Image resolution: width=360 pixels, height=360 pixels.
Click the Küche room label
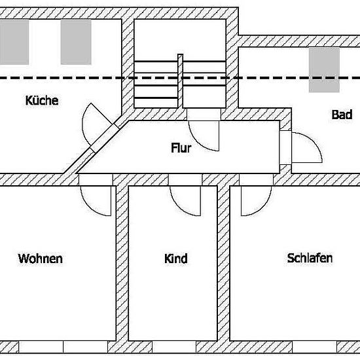pos(42,101)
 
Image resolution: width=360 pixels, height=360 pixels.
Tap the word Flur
pos(181,148)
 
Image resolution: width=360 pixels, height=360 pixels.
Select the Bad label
pos(342,115)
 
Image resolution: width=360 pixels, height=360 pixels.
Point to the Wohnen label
pos(41,259)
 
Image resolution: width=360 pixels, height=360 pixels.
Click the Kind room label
pos(176,259)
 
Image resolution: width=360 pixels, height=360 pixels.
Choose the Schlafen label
pos(310,258)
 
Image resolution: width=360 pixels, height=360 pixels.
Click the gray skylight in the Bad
pos(324,70)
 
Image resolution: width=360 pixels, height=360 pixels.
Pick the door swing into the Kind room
pos(179,207)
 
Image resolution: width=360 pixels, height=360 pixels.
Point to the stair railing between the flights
pos(180,81)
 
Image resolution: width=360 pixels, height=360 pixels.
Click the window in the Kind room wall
pos(174,347)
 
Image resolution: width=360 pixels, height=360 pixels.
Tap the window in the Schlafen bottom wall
pos(314,347)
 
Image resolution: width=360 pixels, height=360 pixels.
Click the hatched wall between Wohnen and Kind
pos(122,263)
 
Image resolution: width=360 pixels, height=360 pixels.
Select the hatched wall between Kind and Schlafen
pos(223,263)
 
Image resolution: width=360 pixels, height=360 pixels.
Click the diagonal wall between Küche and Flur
pos(96,147)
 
